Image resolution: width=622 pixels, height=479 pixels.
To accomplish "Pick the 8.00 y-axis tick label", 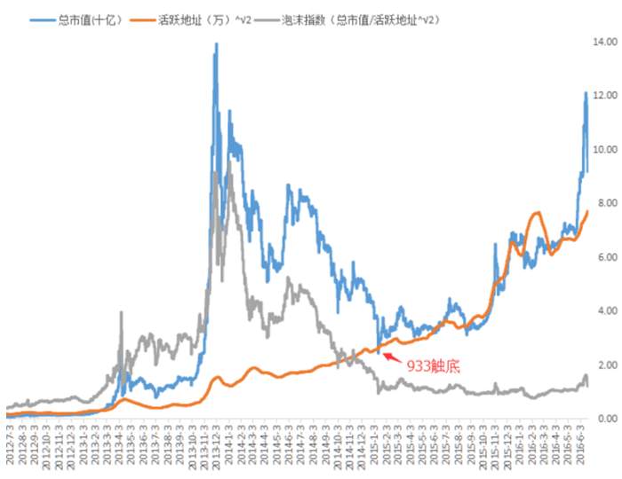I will point(607,203).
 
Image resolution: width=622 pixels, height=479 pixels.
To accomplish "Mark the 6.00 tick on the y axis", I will point(607,257).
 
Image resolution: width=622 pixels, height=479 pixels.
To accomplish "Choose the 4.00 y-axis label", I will point(607,311).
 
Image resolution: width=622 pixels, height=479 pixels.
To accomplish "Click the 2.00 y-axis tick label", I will point(607,365).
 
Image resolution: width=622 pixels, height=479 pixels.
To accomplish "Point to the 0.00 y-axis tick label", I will point(607,419).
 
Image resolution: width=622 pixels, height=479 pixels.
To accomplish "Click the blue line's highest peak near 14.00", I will point(216,43).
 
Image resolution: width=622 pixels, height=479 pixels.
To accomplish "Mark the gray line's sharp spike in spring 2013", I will point(122,312).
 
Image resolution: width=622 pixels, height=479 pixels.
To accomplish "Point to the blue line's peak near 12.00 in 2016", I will point(586,92).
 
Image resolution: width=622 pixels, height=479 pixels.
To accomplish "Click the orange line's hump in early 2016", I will point(537,213).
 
